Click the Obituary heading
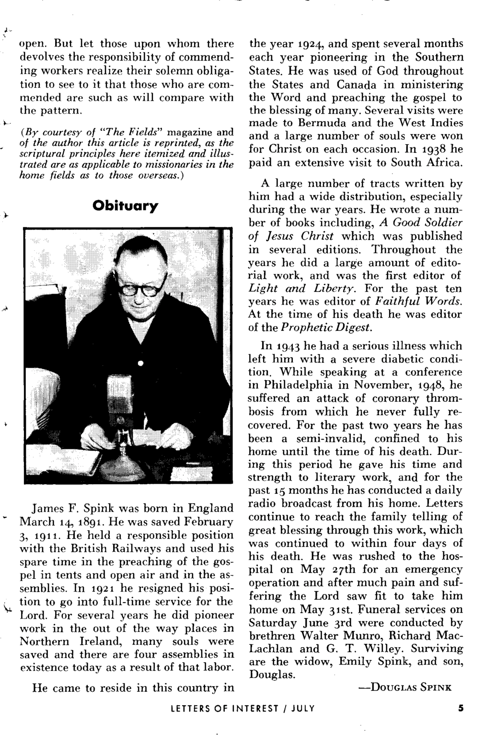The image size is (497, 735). tap(125, 206)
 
